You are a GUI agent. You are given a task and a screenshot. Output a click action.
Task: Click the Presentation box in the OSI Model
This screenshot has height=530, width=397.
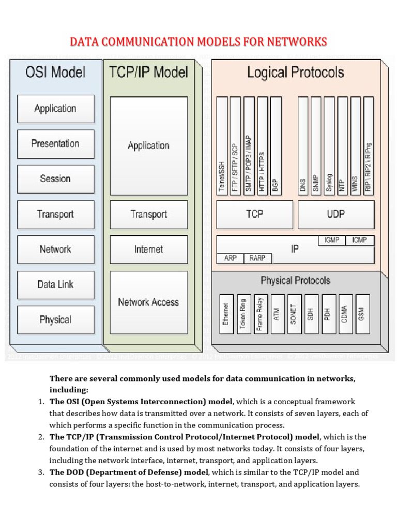point(56,144)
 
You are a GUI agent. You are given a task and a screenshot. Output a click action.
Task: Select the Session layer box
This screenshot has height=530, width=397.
point(56,179)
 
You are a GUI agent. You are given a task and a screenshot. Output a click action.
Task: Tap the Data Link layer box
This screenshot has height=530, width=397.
point(56,284)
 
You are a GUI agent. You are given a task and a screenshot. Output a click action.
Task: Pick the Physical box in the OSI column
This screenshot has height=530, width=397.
point(56,320)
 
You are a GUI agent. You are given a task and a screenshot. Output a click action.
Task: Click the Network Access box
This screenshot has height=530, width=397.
point(148,302)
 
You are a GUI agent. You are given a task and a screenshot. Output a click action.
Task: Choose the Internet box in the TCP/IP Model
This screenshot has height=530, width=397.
point(148,249)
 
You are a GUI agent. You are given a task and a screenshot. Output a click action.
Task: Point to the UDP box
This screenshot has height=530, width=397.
point(336,214)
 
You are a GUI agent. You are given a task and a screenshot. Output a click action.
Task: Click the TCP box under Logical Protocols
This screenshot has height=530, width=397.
point(254,214)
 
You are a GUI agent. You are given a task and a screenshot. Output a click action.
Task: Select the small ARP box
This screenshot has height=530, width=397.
point(230,258)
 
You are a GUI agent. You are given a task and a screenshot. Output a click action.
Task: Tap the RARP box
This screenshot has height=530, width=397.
point(257,258)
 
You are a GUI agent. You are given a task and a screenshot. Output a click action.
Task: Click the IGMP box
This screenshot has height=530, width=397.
point(332,240)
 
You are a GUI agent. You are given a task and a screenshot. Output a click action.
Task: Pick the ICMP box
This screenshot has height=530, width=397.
point(360,240)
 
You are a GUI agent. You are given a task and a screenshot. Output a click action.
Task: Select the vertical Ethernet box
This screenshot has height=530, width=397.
point(225,314)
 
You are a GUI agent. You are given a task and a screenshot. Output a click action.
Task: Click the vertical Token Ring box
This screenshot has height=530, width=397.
point(243,314)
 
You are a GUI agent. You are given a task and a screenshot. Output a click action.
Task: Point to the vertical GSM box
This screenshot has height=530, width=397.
point(361,314)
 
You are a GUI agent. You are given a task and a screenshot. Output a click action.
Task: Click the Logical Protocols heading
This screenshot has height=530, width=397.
point(295,72)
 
